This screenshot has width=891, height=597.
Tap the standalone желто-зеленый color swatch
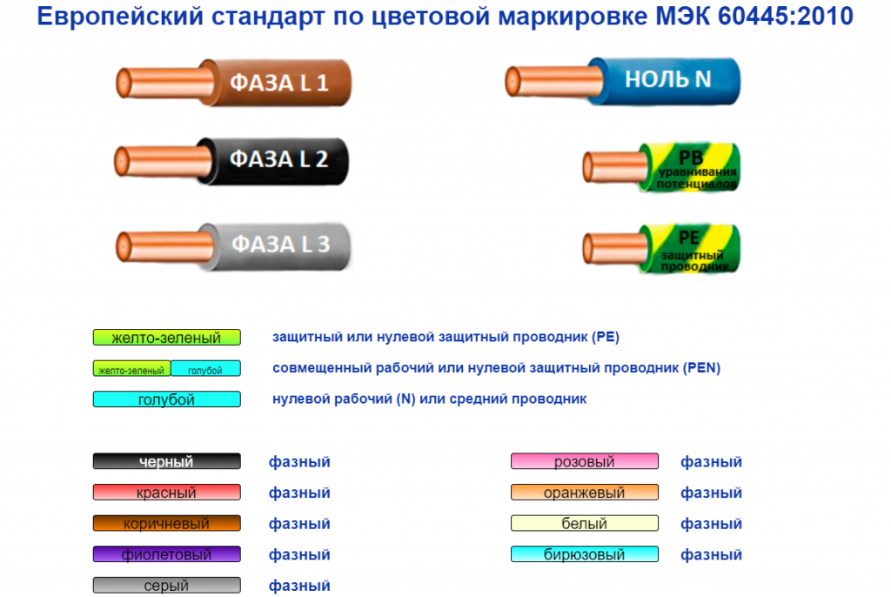click(166, 338)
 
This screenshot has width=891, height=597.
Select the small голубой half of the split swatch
click(204, 369)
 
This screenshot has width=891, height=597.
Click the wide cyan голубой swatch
click(166, 399)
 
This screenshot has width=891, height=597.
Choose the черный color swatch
click(166, 462)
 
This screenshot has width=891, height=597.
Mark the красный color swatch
click(166, 493)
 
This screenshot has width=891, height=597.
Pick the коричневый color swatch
click(166, 524)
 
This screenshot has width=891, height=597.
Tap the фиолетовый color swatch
click(166, 554)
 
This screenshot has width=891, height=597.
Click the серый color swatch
click(166, 586)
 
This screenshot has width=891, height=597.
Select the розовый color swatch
click(584, 462)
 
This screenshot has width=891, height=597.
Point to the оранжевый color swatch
click(584, 493)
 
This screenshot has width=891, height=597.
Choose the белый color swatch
click(584, 524)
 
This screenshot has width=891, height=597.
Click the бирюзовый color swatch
click(584, 554)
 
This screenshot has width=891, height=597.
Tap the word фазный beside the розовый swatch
click(711, 462)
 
